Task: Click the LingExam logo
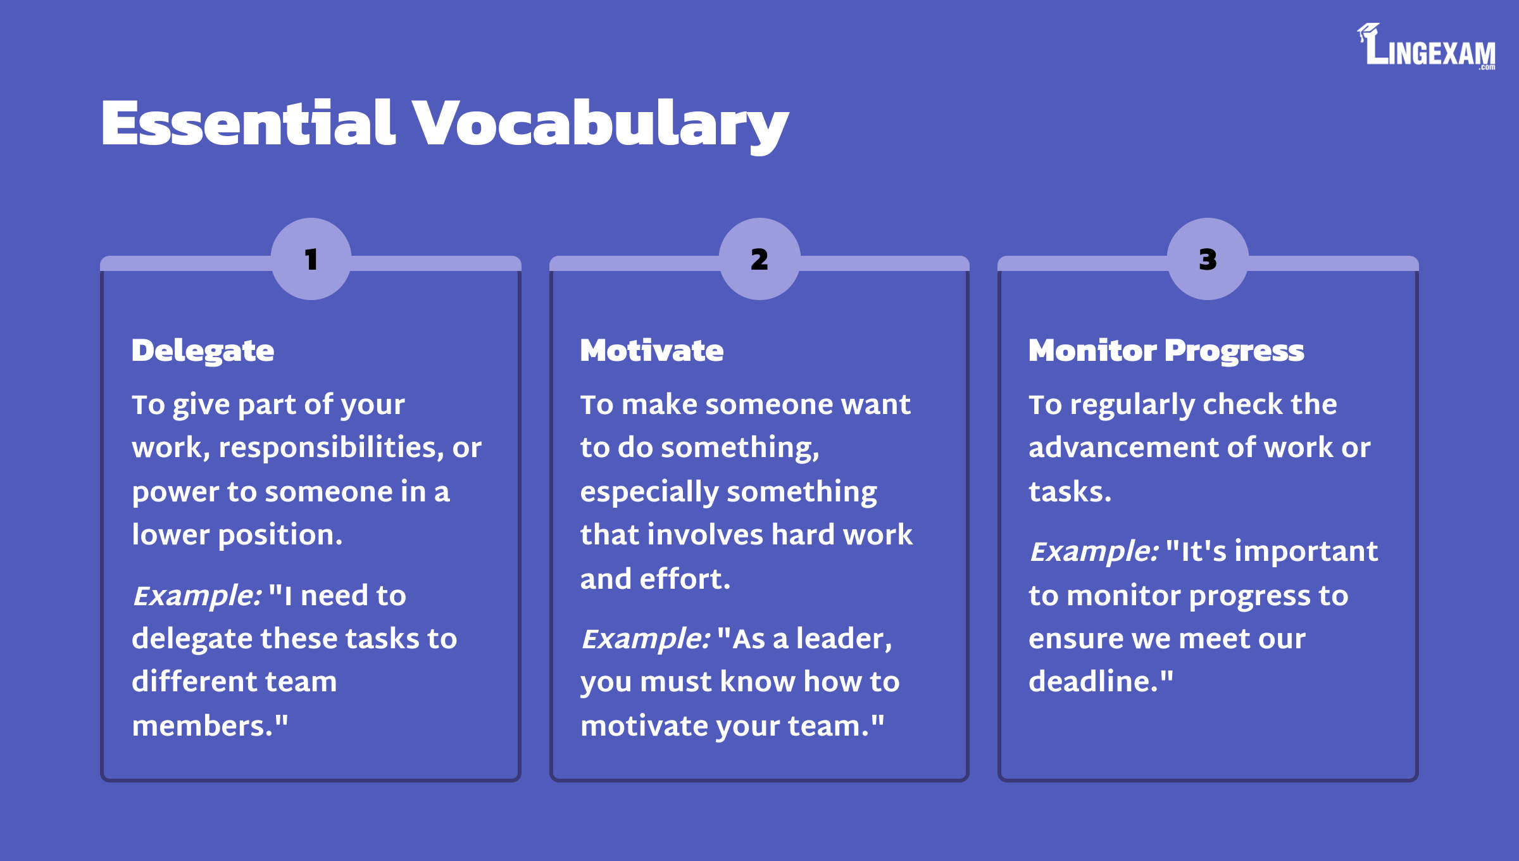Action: (x=1426, y=46)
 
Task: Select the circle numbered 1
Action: (x=311, y=259)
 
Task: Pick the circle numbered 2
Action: (x=759, y=259)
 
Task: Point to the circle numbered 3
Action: (x=1208, y=259)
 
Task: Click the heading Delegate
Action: (x=203, y=351)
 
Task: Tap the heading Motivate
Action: (x=651, y=350)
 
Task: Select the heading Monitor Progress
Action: (x=1166, y=351)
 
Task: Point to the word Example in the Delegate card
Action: (x=197, y=596)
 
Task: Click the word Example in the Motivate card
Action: (x=646, y=639)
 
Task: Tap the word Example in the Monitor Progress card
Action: (x=1094, y=551)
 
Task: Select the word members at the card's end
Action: (x=202, y=726)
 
